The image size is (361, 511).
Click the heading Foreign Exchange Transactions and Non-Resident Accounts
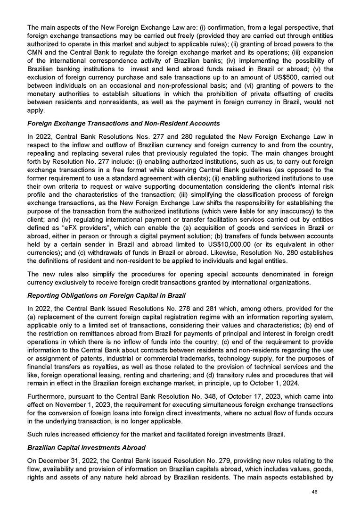(123, 124)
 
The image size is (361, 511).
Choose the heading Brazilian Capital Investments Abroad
(86, 447)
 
